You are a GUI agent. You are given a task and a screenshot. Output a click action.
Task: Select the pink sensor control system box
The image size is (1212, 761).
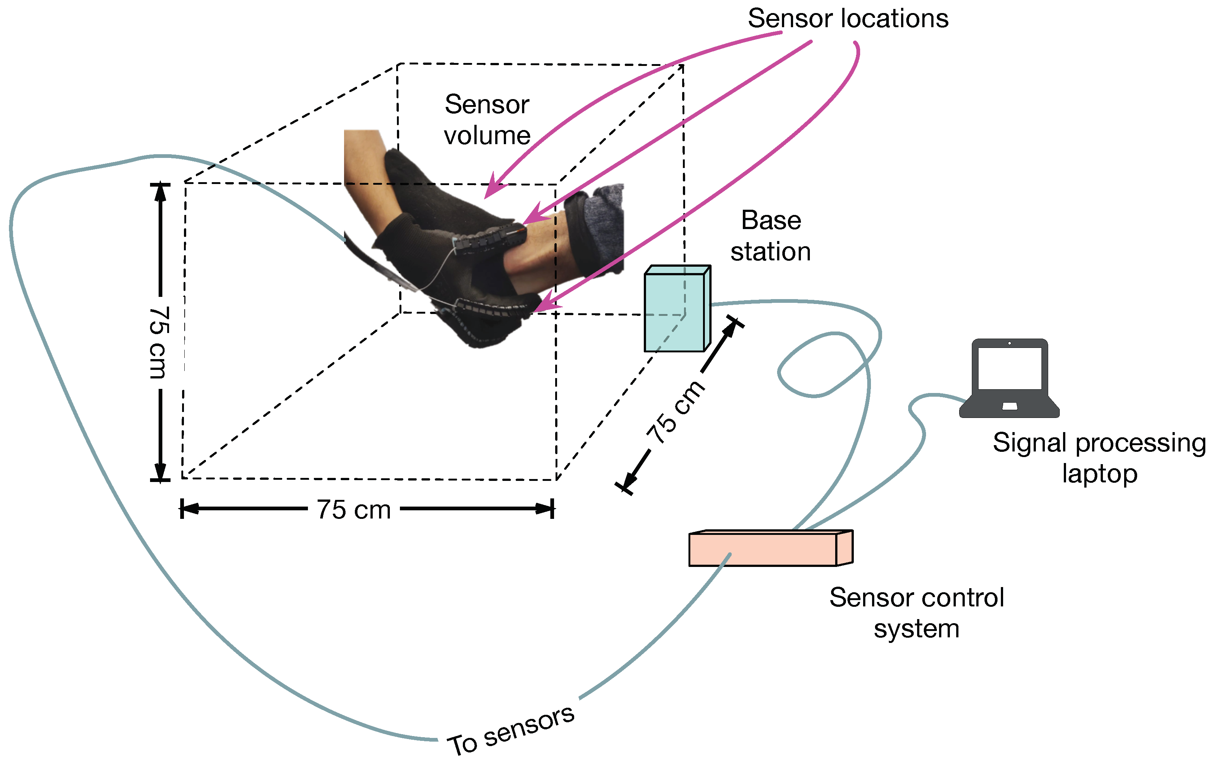[762, 550]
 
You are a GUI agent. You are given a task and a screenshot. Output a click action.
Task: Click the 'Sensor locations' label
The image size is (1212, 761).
[848, 19]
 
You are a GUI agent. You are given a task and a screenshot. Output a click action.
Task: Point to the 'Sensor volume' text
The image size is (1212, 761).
[487, 120]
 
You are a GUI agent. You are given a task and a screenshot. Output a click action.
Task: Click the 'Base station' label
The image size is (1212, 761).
[770, 235]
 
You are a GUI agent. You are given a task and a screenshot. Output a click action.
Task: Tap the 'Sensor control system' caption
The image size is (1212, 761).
[917, 612]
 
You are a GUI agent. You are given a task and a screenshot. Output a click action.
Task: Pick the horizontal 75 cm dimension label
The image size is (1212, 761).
[354, 509]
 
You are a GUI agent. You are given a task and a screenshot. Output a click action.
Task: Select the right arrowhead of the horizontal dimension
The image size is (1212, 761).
[544, 508]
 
